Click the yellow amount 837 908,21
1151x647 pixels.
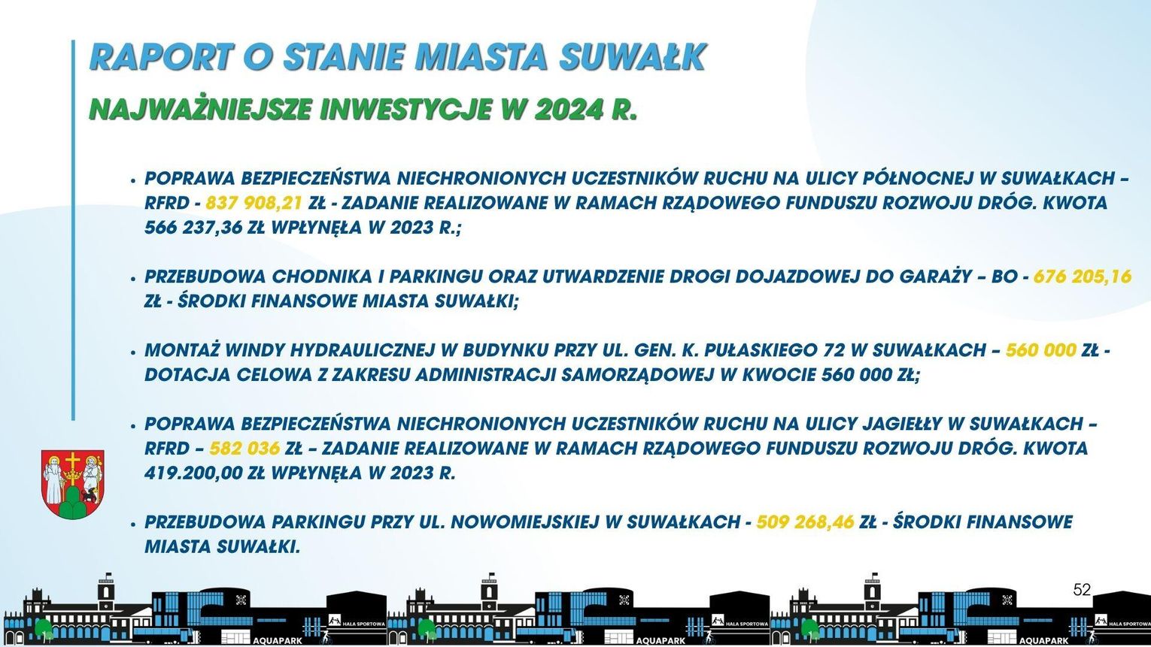254,203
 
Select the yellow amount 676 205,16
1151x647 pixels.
1082,277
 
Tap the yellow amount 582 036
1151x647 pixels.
244,449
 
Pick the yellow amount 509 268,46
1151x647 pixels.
805,522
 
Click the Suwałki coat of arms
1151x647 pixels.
72,484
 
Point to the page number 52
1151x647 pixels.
1082,590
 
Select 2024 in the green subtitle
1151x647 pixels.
568,109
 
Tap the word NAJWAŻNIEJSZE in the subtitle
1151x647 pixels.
201,109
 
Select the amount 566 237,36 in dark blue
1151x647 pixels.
193,228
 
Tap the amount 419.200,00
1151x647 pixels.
193,473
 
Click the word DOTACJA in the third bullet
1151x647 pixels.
187,375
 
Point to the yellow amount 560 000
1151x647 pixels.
1040,350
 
